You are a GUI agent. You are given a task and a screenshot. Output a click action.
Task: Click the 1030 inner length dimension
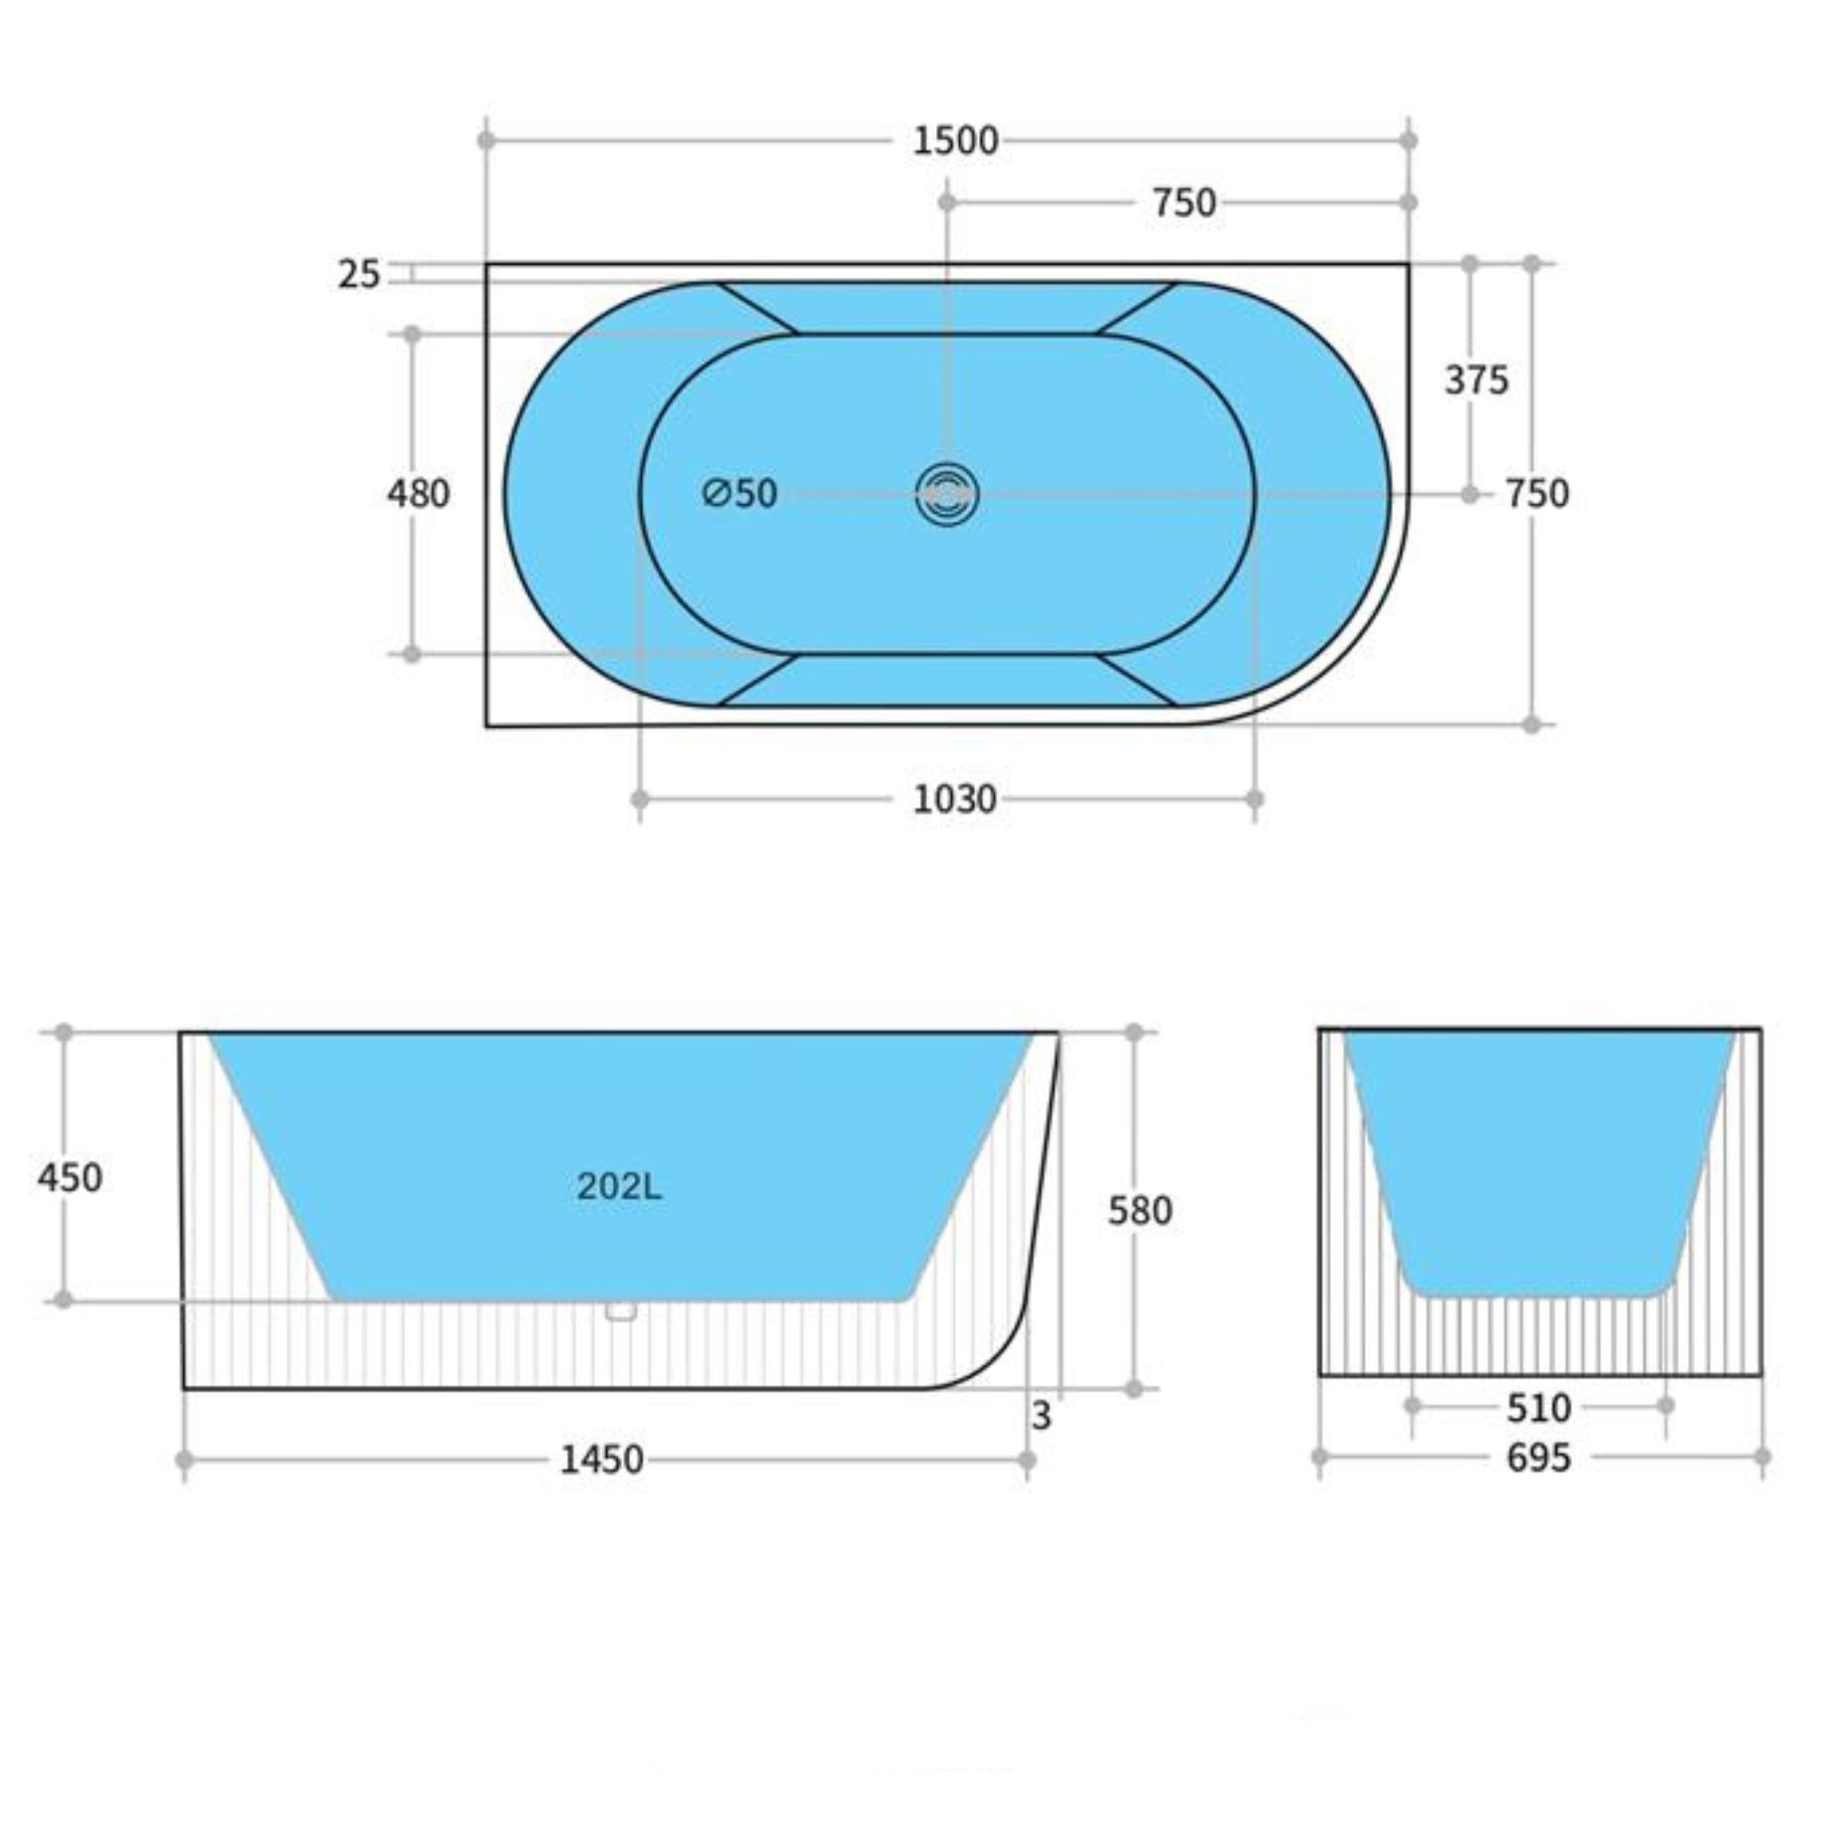pos(954,800)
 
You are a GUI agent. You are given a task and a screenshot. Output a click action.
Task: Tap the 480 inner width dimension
pos(418,494)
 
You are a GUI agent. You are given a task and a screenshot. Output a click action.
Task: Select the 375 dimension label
pos(1475,380)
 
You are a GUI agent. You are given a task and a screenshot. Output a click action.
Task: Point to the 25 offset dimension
pos(359,274)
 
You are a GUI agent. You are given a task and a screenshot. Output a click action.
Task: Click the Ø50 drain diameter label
pos(740,493)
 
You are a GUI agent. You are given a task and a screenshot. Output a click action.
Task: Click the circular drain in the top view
pos(947,494)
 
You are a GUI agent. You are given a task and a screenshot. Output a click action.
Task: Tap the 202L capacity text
pos(620,1186)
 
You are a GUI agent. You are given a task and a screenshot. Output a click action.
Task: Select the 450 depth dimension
pos(69,1178)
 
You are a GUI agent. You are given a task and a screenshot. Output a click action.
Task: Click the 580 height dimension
pos(1140,1211)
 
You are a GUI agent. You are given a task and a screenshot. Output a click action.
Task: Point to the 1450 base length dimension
pos(602,1459)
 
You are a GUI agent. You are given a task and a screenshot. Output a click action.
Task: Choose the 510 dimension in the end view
pos(1538,1408)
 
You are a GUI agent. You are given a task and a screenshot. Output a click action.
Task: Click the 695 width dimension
pos(1538,1457)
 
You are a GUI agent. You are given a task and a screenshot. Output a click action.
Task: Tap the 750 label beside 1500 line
pos(1184,203)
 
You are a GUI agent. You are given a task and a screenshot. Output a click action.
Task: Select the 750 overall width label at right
pos(1537,494)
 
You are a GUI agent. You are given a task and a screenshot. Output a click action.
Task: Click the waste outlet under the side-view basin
pos(620,1311)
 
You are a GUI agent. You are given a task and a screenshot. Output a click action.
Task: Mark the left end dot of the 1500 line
pos(486,141)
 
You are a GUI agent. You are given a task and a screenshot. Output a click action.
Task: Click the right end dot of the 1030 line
pos(1254,800)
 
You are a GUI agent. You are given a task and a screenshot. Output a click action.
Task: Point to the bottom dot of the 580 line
pos(1135,1389)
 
